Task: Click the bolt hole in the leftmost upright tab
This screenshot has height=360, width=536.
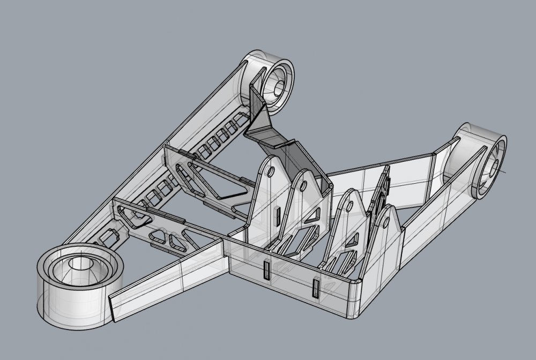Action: point(271,172)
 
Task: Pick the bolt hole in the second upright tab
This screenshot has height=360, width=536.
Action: point(304,186)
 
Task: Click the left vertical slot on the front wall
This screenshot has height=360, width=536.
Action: point(266,271)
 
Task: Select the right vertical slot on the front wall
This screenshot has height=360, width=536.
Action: point(316,288)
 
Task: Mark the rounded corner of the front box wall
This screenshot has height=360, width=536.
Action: point(355,283)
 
